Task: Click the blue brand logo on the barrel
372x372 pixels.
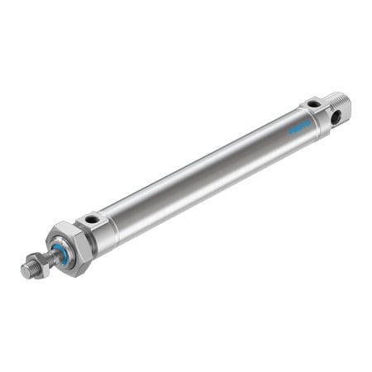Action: point(299,126)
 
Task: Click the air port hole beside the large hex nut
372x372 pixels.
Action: point(92,219)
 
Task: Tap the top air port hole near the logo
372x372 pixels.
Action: point(313,103)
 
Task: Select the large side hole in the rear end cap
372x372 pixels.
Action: point(336,117)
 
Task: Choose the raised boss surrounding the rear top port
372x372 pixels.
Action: point(313,104)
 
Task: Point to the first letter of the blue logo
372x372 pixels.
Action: point(290,131)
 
